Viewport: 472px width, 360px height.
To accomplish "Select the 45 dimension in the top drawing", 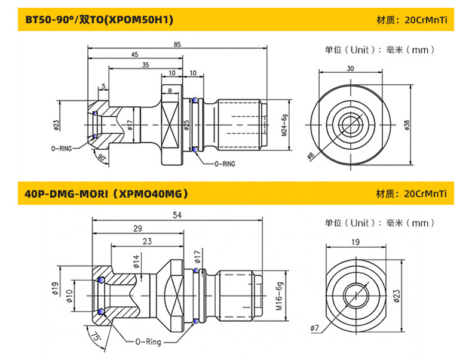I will coord(134,55).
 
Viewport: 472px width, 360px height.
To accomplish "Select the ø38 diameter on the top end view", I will coord(407,124).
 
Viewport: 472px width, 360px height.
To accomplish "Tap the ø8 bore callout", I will coord(311,156).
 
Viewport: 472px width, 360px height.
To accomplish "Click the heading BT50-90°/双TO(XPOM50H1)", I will coord(99,20).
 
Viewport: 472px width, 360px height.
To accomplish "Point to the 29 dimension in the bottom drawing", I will coord(137,228).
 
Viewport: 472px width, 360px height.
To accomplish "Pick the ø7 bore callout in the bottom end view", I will coord(315,328).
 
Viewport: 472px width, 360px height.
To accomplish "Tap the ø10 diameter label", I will coord(69,296).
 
